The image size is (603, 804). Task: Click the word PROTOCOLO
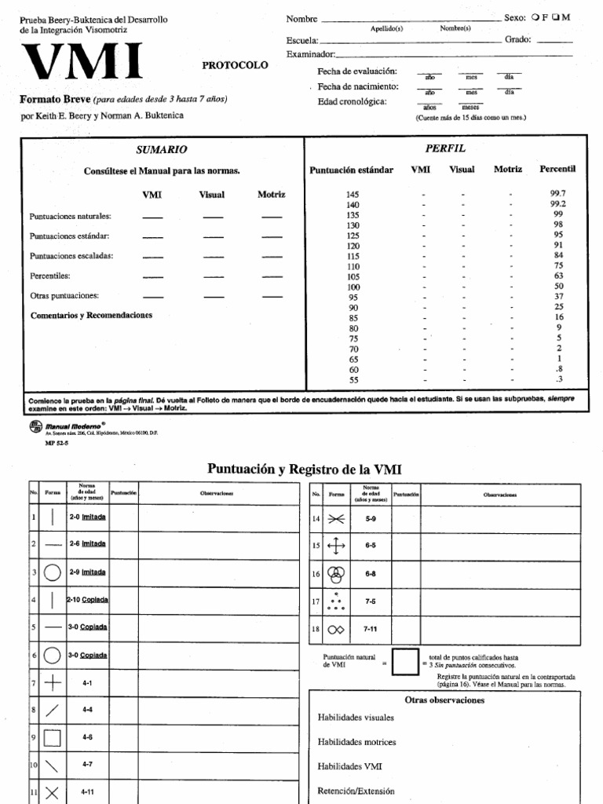[x=235, y=65]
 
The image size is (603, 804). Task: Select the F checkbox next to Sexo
[x=534, y=17]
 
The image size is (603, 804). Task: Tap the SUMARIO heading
[x=161, y=149]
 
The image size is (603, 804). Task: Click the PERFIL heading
[x=444, y=148]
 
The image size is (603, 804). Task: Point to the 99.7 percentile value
[x=557, y=192]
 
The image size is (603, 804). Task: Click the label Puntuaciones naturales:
[x=70, y=216]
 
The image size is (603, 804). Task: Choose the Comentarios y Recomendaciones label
[x=91, y=315]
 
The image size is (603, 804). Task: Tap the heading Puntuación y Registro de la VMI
[x=304, y=470]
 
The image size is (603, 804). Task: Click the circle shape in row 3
[x=52, y=572]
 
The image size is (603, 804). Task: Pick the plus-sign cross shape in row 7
[x=52, y=683]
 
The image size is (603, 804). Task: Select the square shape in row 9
[x=52, y=738]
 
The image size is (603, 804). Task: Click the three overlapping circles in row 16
[x=335, y=574]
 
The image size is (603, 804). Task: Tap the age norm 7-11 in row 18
[x=370, y=629]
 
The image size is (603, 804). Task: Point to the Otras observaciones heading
[x=444, y=700]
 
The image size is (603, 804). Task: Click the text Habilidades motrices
[x=356, y=742]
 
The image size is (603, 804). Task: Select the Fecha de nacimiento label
[x=358, y=86]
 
